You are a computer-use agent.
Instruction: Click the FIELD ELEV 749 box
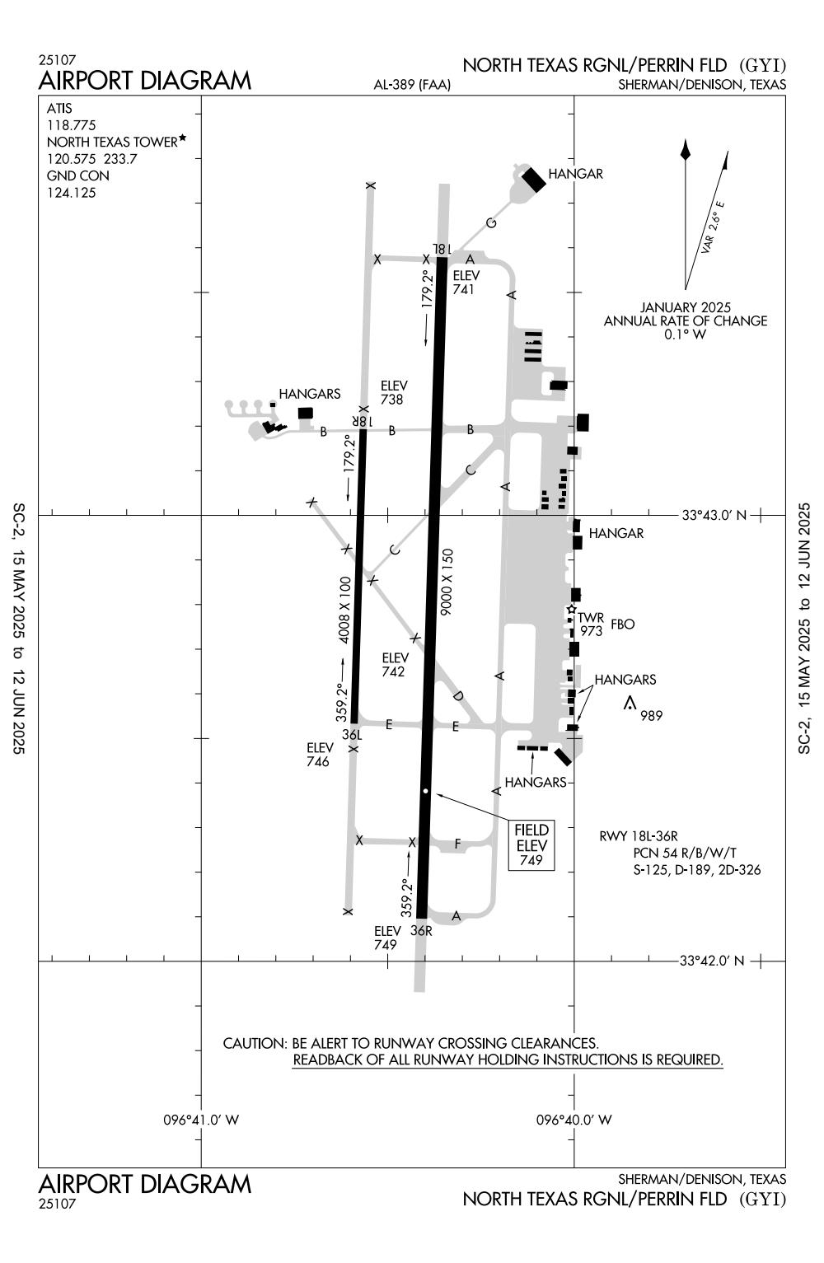tap(531, 844)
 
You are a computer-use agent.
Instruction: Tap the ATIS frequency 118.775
tap(71, 125)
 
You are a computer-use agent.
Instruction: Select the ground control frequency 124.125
tap(71, 193)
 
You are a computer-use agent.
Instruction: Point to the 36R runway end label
tap(421, 930)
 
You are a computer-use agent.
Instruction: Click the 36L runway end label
tap(352, 735)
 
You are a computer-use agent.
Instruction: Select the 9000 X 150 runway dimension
tap(447, 582)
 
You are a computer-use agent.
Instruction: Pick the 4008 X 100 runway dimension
tap(344, 610)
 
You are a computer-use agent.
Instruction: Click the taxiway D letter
tap(458, 696)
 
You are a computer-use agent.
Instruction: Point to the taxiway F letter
tap(457, 844)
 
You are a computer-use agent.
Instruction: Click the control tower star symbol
tap(571, 610)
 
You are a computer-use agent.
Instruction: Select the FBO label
tap(623, 624)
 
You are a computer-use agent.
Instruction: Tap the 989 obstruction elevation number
tap(652, 715)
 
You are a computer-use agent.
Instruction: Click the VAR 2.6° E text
tap(713, 227)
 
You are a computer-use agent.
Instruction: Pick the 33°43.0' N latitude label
tap(714, 515)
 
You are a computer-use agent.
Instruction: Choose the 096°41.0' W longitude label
tap(201, 1120)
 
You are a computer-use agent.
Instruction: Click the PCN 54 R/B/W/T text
tap(685, 853)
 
